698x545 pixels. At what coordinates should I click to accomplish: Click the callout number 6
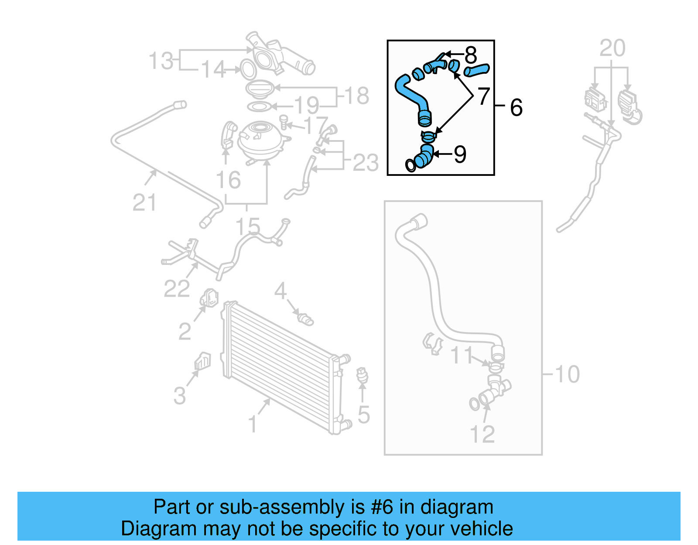(x=516, y=107)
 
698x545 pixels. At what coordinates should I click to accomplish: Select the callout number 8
(x=471, y=55)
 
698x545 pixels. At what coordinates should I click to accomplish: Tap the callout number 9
(x=460, y=154)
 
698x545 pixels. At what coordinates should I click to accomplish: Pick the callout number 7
(x=484, y=96)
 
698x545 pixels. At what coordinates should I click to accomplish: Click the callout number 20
(x=612, y=48)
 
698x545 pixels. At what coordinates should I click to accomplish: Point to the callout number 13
(x=161, y=61)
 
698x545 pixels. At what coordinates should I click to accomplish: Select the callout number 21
(x=144, y=202)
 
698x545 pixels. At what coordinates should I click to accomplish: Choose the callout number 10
(x=567, y=374)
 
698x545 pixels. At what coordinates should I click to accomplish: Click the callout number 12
(x=482, y=434)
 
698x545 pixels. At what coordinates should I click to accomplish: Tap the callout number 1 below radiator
(x=252, y=424)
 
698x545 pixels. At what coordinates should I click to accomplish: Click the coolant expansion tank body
(x=259, y=142)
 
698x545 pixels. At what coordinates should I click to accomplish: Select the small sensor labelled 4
(x=305, y=319)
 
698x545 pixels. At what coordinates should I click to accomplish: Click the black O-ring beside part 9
(x=411, y=165)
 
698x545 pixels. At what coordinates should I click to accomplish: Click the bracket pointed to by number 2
(x=209, y=298)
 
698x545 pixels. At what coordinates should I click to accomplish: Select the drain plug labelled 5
(x=362, y=376)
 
